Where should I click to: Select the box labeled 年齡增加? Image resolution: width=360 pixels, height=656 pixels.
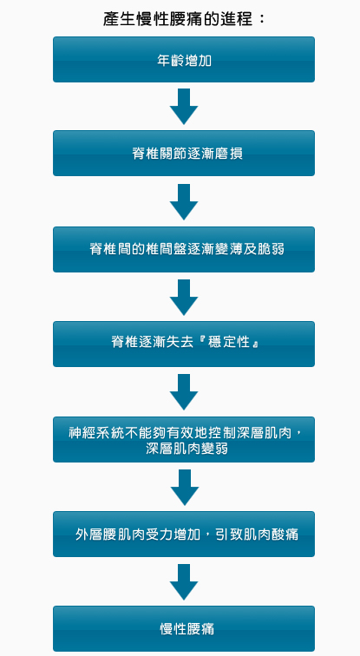[x=184, y=59]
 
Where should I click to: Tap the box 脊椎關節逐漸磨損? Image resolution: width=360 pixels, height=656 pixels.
[x=184, y=153]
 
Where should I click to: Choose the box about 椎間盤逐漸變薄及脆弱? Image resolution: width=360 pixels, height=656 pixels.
[x=184, y=249]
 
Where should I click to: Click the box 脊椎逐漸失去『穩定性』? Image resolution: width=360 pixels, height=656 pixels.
[x=184, y=344]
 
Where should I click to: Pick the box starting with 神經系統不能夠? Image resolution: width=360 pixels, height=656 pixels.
[x=184, y=439]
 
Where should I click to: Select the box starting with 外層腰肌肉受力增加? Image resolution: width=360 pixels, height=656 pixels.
[x=184, y=534]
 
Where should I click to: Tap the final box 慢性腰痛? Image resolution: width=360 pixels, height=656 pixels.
[x=184, y=628]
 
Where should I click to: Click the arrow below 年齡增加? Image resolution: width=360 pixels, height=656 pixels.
[x=184, y=106]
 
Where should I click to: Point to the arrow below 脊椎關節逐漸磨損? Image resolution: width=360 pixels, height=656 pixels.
[x=184, y=201]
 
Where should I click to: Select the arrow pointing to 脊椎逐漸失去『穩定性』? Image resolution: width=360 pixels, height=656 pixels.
[x=184, y=298]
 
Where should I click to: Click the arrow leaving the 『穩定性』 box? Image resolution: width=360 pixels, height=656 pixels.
[x=184, y=392]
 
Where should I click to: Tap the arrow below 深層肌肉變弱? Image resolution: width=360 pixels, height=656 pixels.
[x=185, y=488]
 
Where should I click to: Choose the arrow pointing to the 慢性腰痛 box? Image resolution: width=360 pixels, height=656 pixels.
[x=184, y=582]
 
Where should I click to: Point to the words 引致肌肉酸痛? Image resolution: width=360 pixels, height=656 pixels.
[x=256, y=534]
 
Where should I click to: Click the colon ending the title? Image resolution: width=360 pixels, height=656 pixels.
[x=262, y=20]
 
